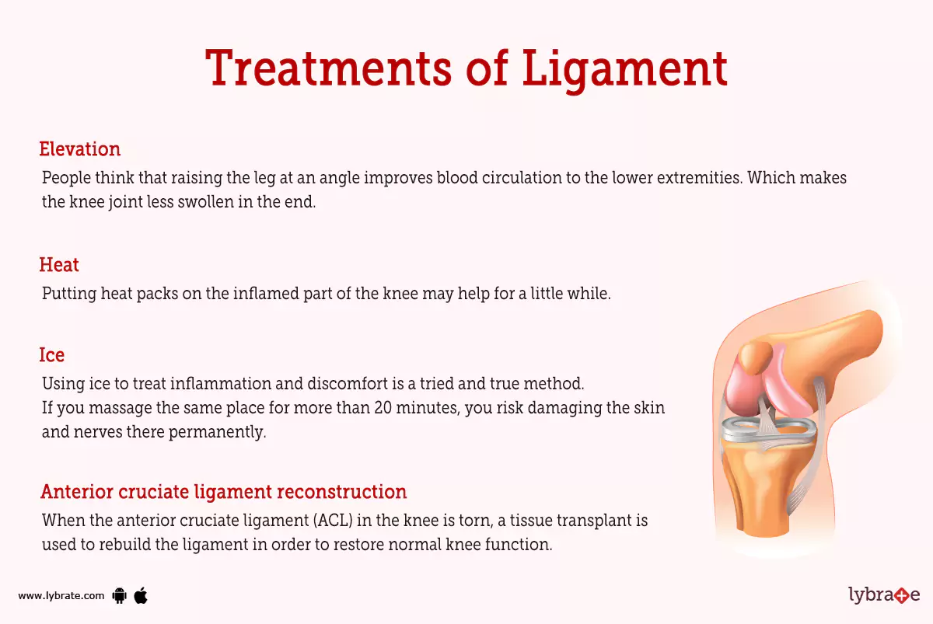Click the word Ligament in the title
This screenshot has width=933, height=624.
pyautogui.click(x=624, y=68)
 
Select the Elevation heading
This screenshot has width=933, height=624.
pyautogui.click(x=80, y=149)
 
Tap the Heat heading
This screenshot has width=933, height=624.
pyautogui.click(x=59, y=265)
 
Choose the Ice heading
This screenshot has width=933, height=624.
pyautogui.click(x=52, y=355)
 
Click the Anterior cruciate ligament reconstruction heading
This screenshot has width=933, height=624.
pyautogui.click(x=224, y=492)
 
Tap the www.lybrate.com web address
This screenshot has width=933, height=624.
pyautogui.click(x=61, y=596)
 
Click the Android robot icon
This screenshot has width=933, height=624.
pyautogui.click(x=119, y=596)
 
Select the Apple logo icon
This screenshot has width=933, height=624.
pyautogui.click(x=141, y=595)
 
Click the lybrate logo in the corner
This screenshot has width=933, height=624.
pyautogui.click(x=884, y=595)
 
